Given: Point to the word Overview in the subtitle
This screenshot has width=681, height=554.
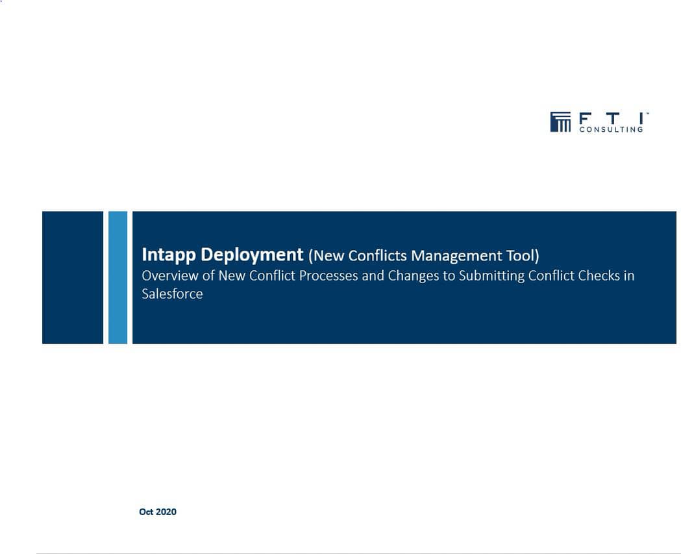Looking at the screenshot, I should (x=170, y=275).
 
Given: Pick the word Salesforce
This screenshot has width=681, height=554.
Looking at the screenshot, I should (x=172, y=294).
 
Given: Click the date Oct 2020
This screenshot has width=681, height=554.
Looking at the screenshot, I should (x=158, y=512).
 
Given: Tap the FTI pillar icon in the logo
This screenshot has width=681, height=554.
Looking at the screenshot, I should (x=560, y=121).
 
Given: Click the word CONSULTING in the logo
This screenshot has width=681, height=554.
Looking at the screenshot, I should (x=610, y=129).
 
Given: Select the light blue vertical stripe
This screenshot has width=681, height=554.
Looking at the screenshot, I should (x=118, y=277).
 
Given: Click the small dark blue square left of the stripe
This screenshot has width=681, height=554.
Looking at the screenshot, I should (x=73, y=277).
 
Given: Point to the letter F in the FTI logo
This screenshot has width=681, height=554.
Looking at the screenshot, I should (x=584, y=118).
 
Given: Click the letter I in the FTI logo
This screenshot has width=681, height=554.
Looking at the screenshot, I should (x=641, y=118).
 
